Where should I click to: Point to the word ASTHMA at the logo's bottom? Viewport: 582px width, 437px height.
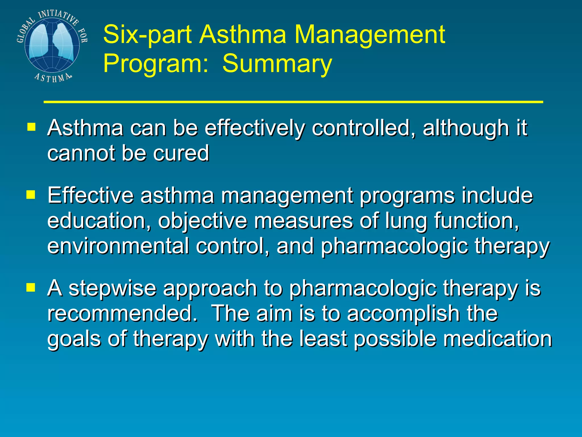[53, 77]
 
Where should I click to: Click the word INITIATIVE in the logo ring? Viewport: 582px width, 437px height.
[58, 16]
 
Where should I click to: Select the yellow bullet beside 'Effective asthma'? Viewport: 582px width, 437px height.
[31, 195]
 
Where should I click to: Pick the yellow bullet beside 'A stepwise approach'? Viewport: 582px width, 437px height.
[31, 287]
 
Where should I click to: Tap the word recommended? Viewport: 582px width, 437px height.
[122, 313]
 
